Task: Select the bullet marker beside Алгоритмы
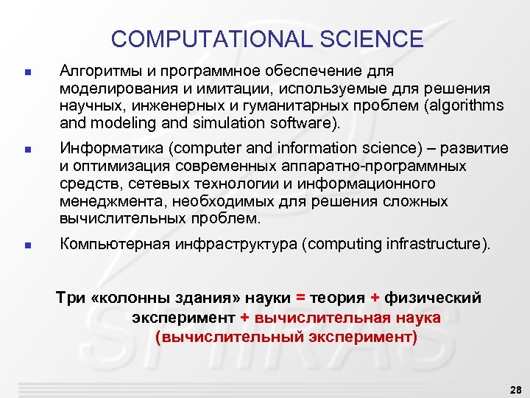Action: pos(26,73)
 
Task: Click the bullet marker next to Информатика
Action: pos(26,150)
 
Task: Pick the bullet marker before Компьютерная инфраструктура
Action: pos(26,245)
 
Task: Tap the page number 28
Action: pos(515,388)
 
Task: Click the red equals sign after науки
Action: pos(300,298)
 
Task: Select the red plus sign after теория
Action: pos(375,298)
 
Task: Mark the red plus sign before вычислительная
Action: pos(245,318)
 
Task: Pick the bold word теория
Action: pos(337,298)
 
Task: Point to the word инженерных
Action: pos(155,105)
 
